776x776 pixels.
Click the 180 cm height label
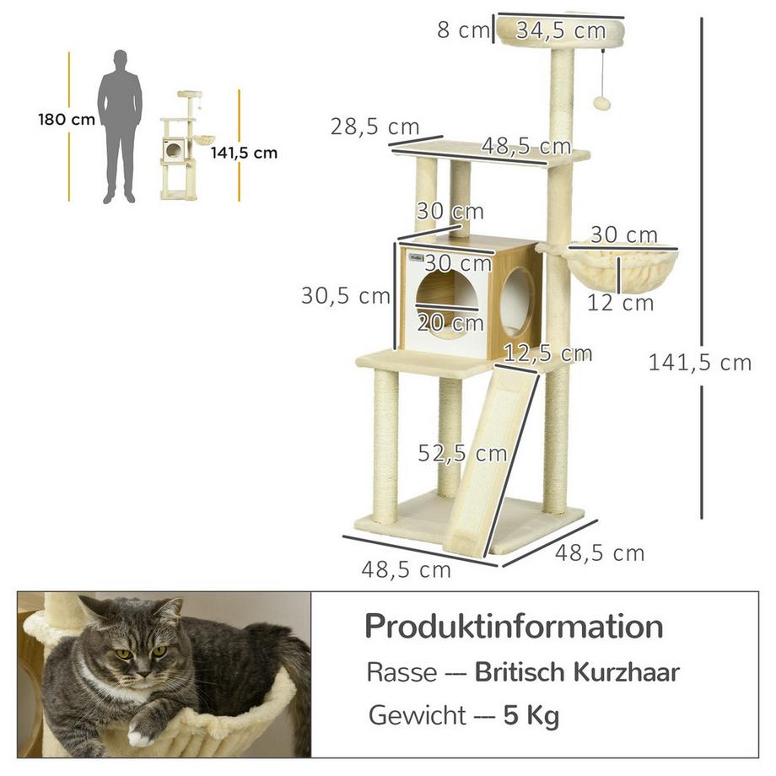[x=67, y=120]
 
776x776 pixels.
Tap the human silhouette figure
[x=119, y=127]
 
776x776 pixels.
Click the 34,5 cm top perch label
[x=561, y=31]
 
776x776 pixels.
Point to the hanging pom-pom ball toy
[x=602, y=103]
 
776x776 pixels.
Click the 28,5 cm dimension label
[x=374, y=127]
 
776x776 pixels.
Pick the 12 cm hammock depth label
[x=621, y=302]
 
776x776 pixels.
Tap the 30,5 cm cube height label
[x=346, y=296]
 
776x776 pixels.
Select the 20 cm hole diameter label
[x=450, y=322]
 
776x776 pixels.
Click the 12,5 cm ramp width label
[x=547, y=353]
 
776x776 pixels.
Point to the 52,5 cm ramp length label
[x=463, y=453]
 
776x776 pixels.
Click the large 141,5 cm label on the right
[x=699, y=363]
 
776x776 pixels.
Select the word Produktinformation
[x=514, y=627]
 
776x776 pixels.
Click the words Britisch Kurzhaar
[x=577, y=672]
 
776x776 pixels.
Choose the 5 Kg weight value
[x=531, y=716]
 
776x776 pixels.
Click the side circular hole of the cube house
[x=517, y=302]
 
